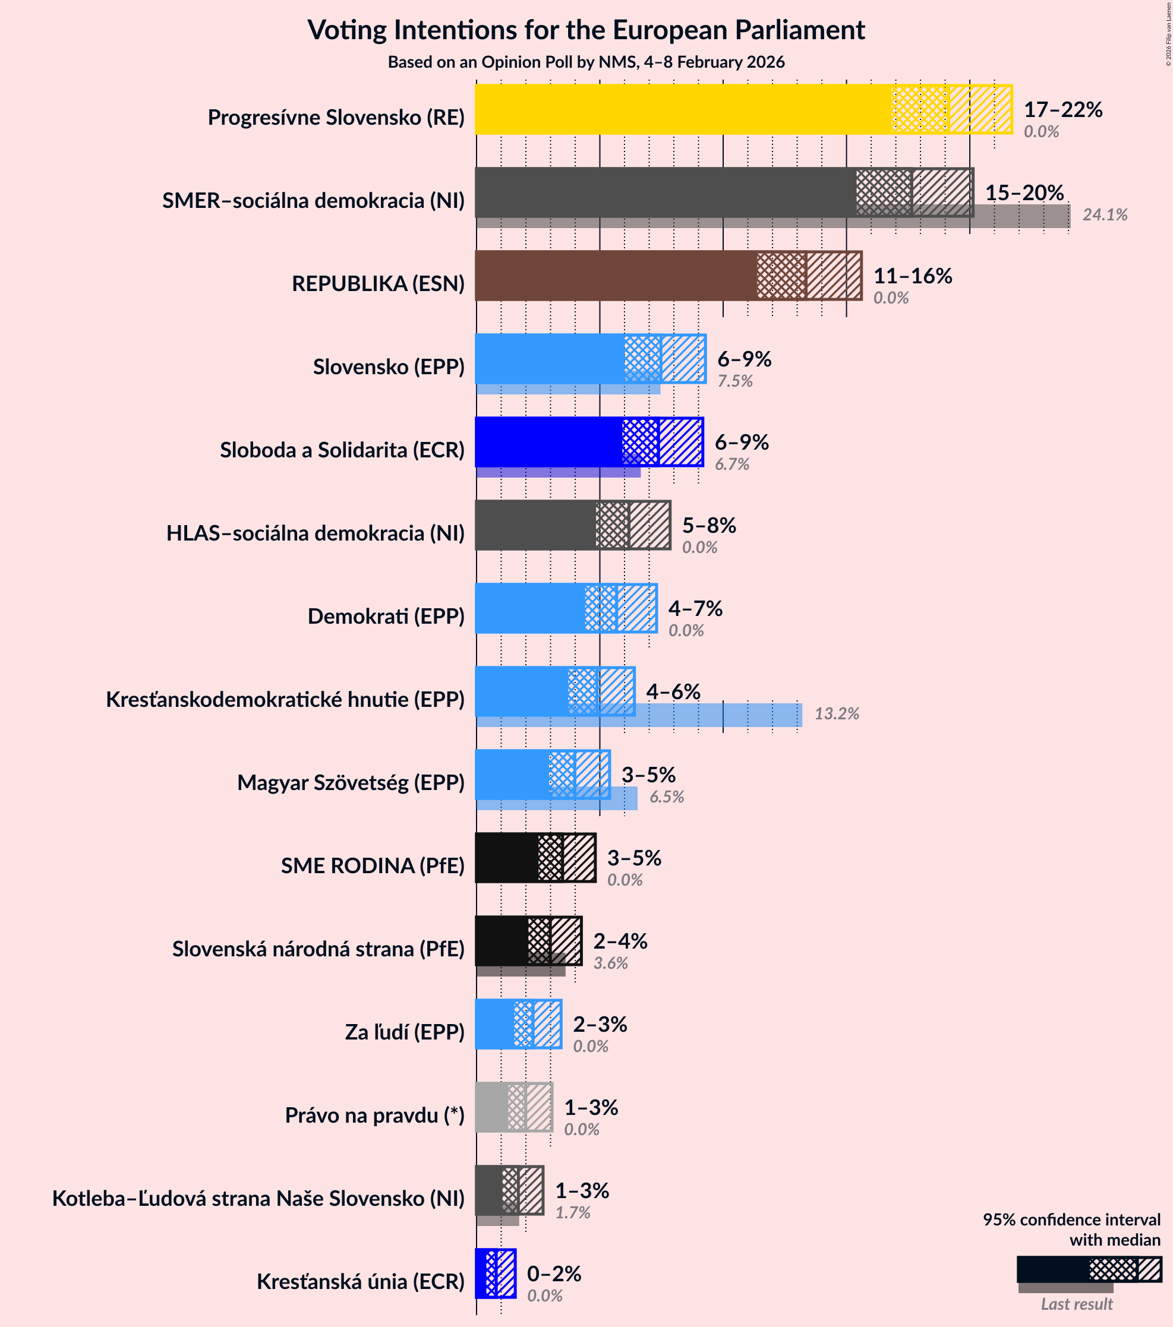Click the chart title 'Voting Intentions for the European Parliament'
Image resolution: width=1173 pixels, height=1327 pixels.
[586, 30]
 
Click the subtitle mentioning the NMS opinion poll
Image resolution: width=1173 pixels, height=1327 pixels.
[586, 62]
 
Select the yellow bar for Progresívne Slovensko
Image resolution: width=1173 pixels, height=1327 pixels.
[682, 110]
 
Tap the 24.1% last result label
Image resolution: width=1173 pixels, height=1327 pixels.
[1104, 215]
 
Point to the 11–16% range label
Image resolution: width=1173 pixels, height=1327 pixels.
[912, 276]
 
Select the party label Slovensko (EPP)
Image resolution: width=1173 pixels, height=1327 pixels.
[389, 367]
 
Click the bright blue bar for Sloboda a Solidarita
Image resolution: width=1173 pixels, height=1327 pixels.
[548, 442]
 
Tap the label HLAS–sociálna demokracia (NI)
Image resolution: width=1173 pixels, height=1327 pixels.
[315, 533]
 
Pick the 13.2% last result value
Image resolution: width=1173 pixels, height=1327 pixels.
[837, 714]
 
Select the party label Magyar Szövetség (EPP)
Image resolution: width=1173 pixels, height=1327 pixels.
[351, 783]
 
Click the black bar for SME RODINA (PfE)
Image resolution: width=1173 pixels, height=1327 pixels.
[507, 858]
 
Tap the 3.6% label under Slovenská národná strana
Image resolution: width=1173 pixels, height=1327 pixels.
[610, 963]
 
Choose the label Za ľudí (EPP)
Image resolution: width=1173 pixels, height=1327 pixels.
[404, 1032]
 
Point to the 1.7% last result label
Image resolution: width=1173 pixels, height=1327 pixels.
[572, 1213]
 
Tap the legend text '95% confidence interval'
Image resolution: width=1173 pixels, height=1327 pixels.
[1071, 1220]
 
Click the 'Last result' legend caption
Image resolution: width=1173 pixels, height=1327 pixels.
[1076, 1304]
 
